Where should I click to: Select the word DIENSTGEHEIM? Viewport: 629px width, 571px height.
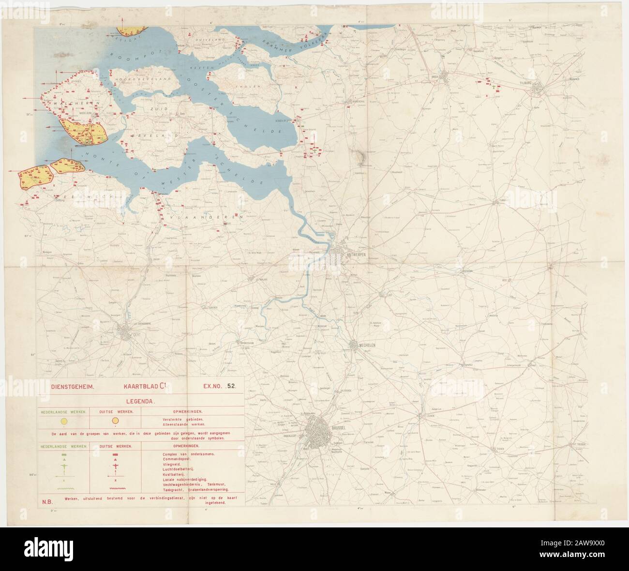[x=69, y=387]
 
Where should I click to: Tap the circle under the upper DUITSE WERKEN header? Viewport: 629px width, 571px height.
[x=115, y=421]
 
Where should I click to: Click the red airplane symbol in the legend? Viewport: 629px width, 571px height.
[x=115, y=466]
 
